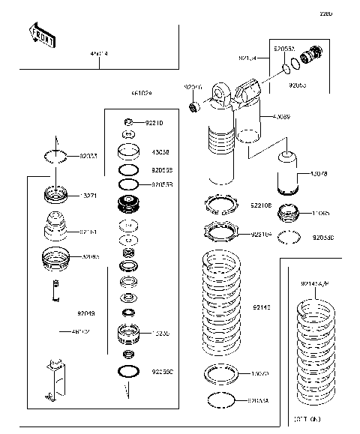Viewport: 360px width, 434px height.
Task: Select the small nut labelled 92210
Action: click(x=129, y=122)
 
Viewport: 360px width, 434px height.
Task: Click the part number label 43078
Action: click(x=319, y=174)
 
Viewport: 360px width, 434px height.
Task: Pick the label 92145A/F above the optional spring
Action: click(x=315, y=283)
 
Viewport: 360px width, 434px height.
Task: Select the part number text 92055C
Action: click(x=163, y=371)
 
